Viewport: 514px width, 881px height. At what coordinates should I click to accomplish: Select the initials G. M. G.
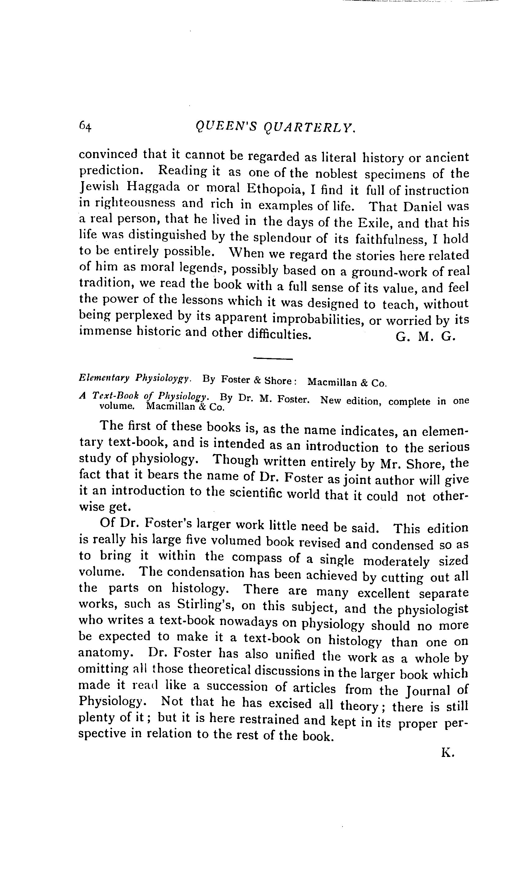(425, 337)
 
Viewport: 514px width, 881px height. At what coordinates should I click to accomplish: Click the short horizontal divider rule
(272, 359)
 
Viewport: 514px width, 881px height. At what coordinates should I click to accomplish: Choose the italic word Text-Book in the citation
(116, 396)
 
